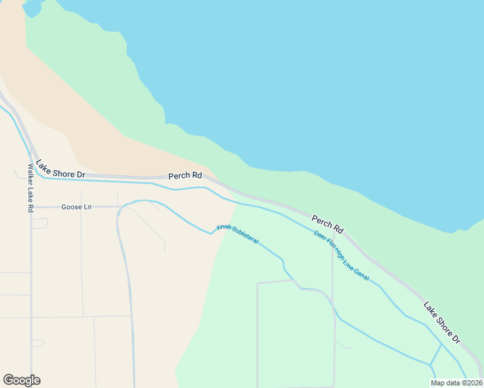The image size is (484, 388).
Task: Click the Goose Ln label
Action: (x=76, y=207)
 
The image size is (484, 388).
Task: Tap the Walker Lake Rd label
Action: (x=30, y=188)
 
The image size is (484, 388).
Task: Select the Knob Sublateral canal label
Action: (x=237, y=234)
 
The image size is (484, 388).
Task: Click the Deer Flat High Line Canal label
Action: (x=341, y=255)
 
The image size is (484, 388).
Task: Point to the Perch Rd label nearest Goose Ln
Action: (x=185, y=175)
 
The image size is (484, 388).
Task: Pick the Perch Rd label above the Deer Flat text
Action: (x=327, y=224)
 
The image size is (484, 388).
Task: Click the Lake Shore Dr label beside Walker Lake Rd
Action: (x=61, y=169)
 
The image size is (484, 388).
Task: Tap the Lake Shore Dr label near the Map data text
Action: (x=442, y=321)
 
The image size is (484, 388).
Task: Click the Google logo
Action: (x=21, y=380)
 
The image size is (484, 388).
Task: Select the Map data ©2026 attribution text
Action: (x=456, y=383)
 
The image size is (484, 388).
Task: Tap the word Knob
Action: (x=224, y=228)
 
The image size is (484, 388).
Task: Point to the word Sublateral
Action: (x=245, y=237)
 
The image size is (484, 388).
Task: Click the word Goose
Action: (x=70, y=207)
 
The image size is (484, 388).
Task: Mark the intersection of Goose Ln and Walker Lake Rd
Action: (x=31, y=207)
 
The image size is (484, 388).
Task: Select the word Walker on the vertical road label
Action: (x=30, y=174)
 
